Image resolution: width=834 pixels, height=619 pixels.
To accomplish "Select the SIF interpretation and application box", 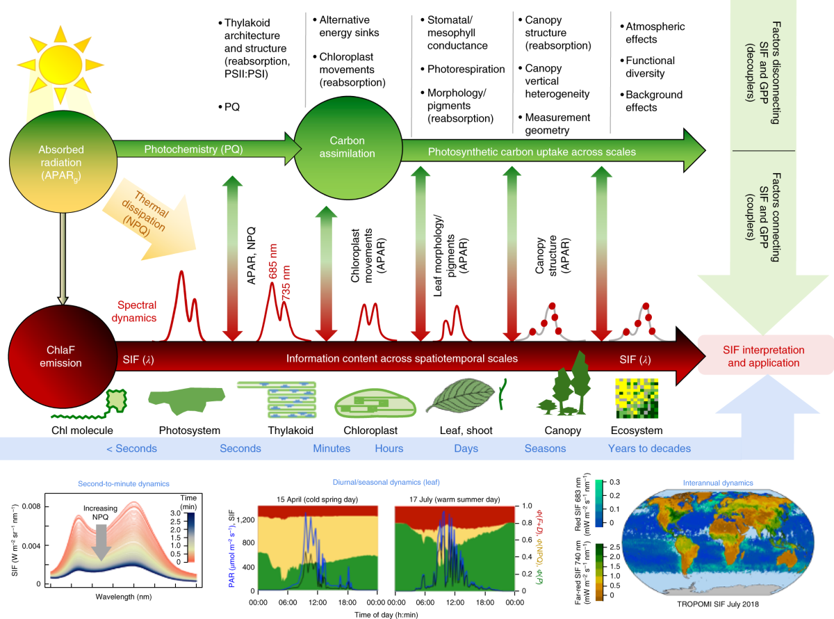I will [x=761, y=356].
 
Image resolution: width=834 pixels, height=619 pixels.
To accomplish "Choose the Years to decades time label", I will [x=649, y=449].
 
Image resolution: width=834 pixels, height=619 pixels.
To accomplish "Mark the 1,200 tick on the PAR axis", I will [x=247, y=519].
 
